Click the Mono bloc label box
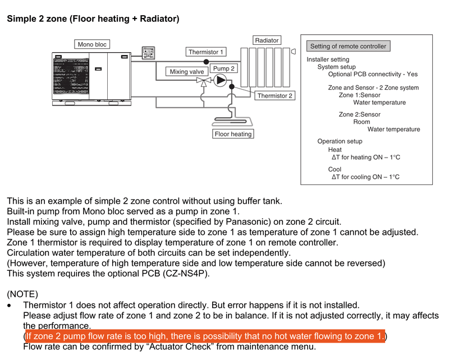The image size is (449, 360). click(92, 44)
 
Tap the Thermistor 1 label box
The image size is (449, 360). click(206, 52)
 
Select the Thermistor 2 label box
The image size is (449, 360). click(274, 96)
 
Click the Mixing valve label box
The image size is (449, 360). click(187, 72)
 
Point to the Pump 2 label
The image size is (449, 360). click(223, 68)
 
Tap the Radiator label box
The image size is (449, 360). click(267, 40)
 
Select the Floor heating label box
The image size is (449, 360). click(233, 134)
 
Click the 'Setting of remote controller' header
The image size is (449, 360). click(348, 46)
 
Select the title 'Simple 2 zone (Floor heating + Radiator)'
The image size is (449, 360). click(93, 19)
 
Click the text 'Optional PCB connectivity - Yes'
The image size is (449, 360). click(373, 74)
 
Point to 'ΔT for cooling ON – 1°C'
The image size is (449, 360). click(365, 177)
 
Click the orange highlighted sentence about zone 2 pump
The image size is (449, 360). click(204, 336)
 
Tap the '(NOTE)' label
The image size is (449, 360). click(22, 294)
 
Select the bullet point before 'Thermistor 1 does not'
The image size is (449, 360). click(9, 306)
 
